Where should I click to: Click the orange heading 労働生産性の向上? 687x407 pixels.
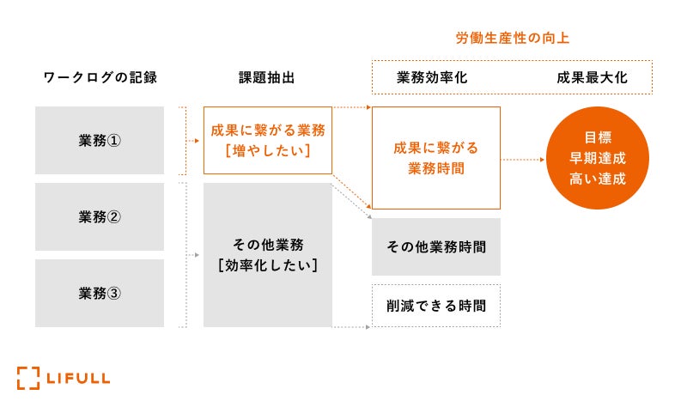(512, 39)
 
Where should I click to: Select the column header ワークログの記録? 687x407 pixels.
(100, 77)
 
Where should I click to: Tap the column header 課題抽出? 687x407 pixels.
(267, 77)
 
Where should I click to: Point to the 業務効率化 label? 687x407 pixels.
(432, 77)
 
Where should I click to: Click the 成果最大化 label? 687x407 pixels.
(592, 77)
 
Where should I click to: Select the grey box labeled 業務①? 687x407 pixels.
(100, 141)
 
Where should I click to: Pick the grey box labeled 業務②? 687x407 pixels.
(100, 216)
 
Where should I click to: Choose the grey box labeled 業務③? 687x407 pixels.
(100, 293)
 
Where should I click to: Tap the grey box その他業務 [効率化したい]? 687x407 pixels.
(267, 255)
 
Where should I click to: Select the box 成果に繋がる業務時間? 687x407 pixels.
(436, 158)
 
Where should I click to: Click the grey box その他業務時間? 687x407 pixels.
(436, 247)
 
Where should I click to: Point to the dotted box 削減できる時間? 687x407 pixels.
(436, 305)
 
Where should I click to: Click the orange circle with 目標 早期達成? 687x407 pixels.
(598, 159)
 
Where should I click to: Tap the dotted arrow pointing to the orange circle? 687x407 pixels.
(525, 160)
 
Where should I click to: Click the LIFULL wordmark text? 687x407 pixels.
(77, 377)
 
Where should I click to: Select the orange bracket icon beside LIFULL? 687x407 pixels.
(27, 377)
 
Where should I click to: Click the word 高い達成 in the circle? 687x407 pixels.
(598, 179)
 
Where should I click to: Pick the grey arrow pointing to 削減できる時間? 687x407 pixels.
(352, 326)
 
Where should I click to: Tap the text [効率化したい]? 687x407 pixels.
(267, 265)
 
